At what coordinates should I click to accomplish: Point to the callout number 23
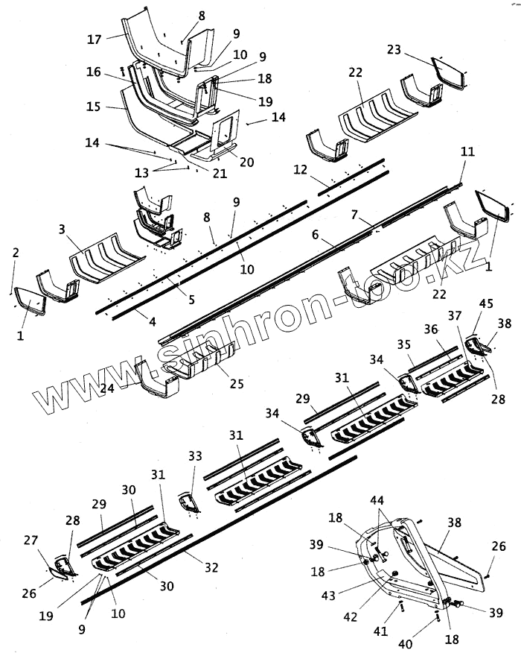point(394,49)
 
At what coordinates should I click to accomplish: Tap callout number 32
point(212,567)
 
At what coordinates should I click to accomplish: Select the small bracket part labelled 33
point(189,502)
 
